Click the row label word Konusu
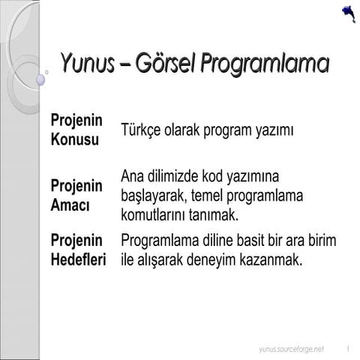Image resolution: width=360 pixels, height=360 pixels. [x=74, y=139]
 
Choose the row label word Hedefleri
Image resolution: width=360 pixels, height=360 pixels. [x=77, y=260]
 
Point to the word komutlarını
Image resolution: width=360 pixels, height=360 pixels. [x=157, y=214]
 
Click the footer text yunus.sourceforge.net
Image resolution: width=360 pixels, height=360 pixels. [x=291, y=349]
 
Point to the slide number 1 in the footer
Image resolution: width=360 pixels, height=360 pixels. [x=349, y=349]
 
